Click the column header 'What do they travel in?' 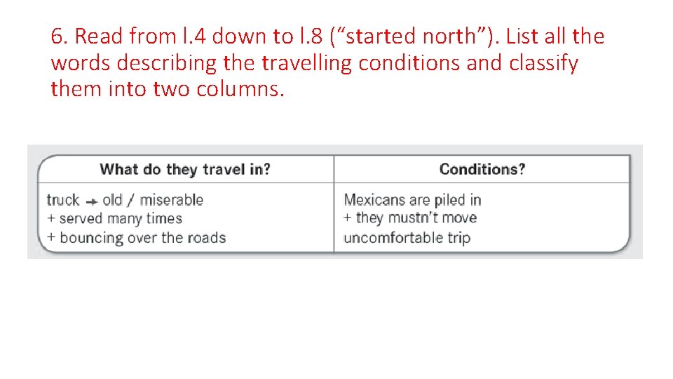click(185, 169)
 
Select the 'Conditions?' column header click(482, 169)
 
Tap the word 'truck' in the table click(62, 200)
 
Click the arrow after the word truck click(91, 201)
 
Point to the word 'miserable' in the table click(171, 200)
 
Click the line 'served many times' click(121, 218)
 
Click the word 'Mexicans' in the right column click(374, 200)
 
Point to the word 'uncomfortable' click(393, 237)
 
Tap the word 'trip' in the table click(458, 237)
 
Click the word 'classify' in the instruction click(543, 63)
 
